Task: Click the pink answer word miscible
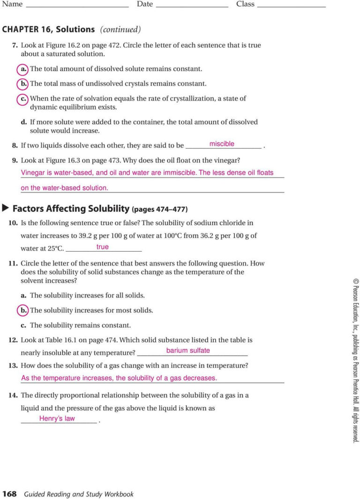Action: (x=222, y=144)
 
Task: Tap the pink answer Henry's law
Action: (x=57, y=418)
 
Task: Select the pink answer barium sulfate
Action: (x=188, y=350)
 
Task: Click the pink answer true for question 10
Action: (x=102, y=247)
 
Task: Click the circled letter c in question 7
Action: (x=23, y=99)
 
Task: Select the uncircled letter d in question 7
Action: (x=23, y=122)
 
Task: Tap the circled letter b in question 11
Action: (x=23, y=310)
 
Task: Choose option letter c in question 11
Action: (x=23, y=325)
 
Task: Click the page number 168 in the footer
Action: (x=9, y=494)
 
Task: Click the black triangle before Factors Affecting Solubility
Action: (x=6, y=208)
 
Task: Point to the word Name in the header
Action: (x=12, y=4)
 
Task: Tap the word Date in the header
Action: (x=145, y=4)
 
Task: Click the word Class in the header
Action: (x=245, y=4)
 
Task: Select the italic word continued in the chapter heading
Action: (x=120, y=30)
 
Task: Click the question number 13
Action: (x=13, y=365)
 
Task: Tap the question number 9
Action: (x=15, y=160)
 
